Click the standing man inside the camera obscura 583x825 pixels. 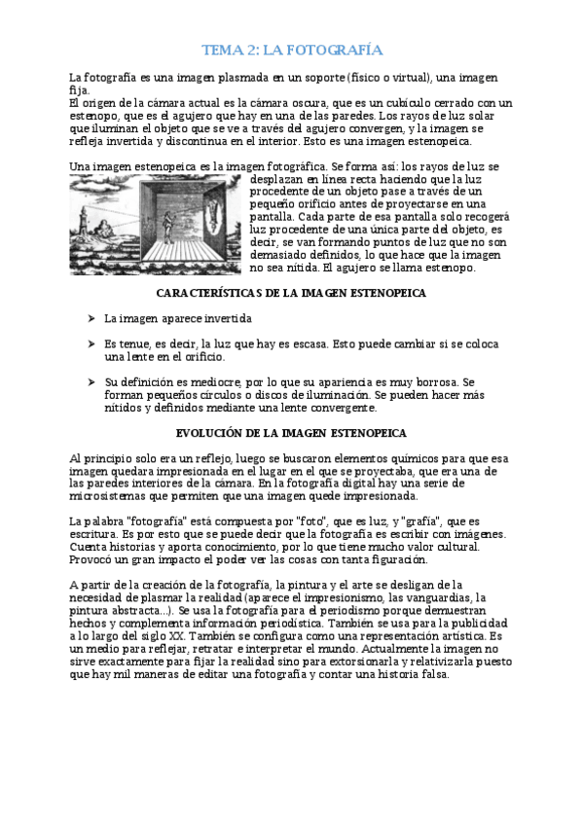[188, 230]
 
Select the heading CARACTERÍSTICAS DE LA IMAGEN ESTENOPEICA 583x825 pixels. [290, 293]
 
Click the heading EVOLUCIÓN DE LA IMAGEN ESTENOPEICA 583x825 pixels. [290, 432]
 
